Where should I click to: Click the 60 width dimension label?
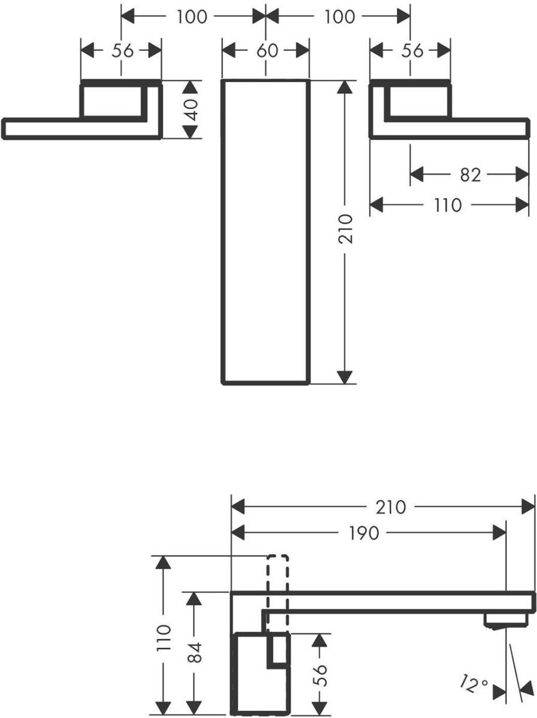pyautogui.click(x=267, y=51)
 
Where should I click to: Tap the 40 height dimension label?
pyautogui.click(x=192, y=109)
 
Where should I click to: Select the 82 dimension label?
pyautogui.click(x=471, y=175)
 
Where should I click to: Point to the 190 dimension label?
pyautogui.click(x=365, y=532)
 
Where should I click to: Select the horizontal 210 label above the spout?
pyautogui.click(x=391, y=507)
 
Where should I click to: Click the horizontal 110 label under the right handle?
pyautogui.click(x=448, y=205)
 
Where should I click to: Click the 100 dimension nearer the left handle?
pyautogui.click(x=192, y=17)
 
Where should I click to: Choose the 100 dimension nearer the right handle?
pyautogui.click(x=339, y=17)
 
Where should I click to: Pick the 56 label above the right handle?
pyautogui.click(x=412, y=51)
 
